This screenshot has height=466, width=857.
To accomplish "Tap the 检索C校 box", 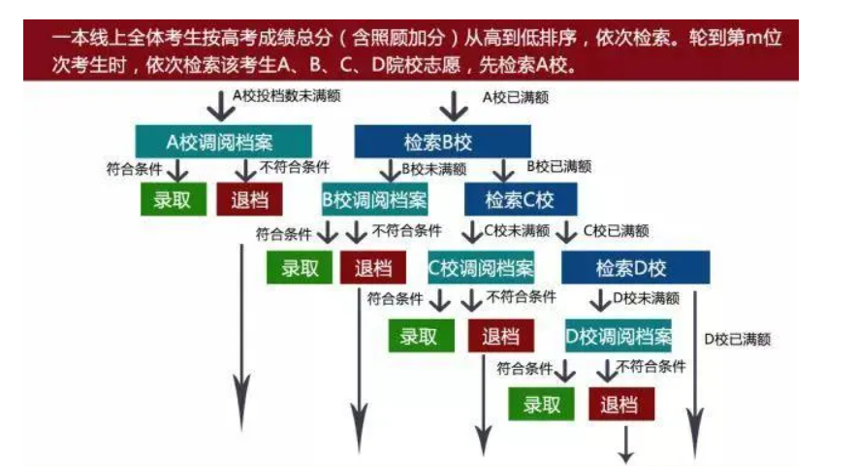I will (520, 200).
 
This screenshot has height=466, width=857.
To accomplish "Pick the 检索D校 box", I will (635, 267).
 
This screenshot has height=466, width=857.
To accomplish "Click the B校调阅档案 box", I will (374, 200).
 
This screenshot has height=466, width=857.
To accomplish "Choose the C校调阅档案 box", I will (481, 268).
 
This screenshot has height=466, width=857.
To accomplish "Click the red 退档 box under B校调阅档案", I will (372, 268).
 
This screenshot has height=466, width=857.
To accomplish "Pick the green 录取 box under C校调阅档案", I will (420, 336).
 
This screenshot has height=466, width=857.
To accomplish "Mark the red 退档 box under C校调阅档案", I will (500, 336).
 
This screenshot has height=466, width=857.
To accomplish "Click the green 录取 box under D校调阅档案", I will (543, 404).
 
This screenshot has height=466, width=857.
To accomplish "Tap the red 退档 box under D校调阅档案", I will (620, 404).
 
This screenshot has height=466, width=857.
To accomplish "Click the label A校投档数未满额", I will (287, 96).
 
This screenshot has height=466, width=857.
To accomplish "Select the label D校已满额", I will (737, 339).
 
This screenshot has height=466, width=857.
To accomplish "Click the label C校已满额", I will (616, 231).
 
